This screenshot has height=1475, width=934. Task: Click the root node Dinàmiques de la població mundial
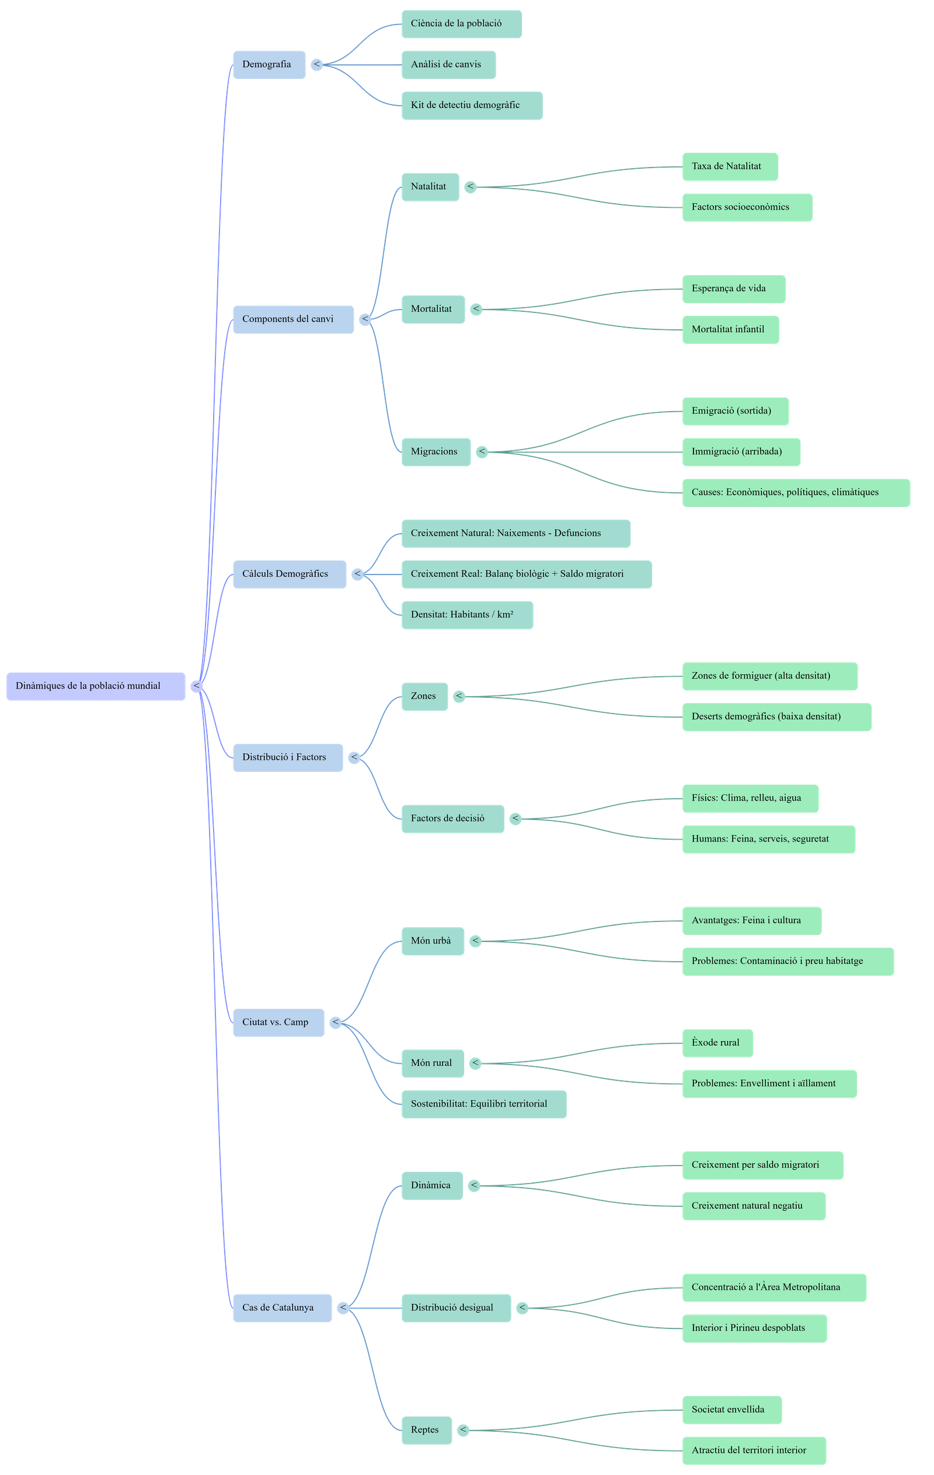[96, 686]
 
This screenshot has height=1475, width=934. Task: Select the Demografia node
[269, 64]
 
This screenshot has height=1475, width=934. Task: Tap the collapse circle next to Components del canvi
[365, 319]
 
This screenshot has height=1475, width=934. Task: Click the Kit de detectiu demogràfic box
[472, 105]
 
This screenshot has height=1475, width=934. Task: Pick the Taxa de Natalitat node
[730, 166]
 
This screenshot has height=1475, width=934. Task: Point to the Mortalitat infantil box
[730, 329]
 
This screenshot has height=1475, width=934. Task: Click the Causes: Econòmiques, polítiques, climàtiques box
[796, 492]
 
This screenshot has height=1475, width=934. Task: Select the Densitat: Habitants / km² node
[466, 615]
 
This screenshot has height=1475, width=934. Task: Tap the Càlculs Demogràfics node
[289, 574]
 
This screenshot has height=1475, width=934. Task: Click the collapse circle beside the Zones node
[459, 697]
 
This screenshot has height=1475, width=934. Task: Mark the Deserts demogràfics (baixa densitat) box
[776, 716]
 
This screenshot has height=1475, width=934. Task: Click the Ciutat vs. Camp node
[278, 1022]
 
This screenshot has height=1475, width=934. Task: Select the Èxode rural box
[717, 1042]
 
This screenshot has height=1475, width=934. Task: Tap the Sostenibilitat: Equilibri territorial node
[484, 1104]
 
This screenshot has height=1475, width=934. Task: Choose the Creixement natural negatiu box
[753, 1205]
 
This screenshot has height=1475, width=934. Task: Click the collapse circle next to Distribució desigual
[522, 1308]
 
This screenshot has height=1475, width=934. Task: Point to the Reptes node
[427, 1429]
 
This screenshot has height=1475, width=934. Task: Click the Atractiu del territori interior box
[754, 1450]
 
